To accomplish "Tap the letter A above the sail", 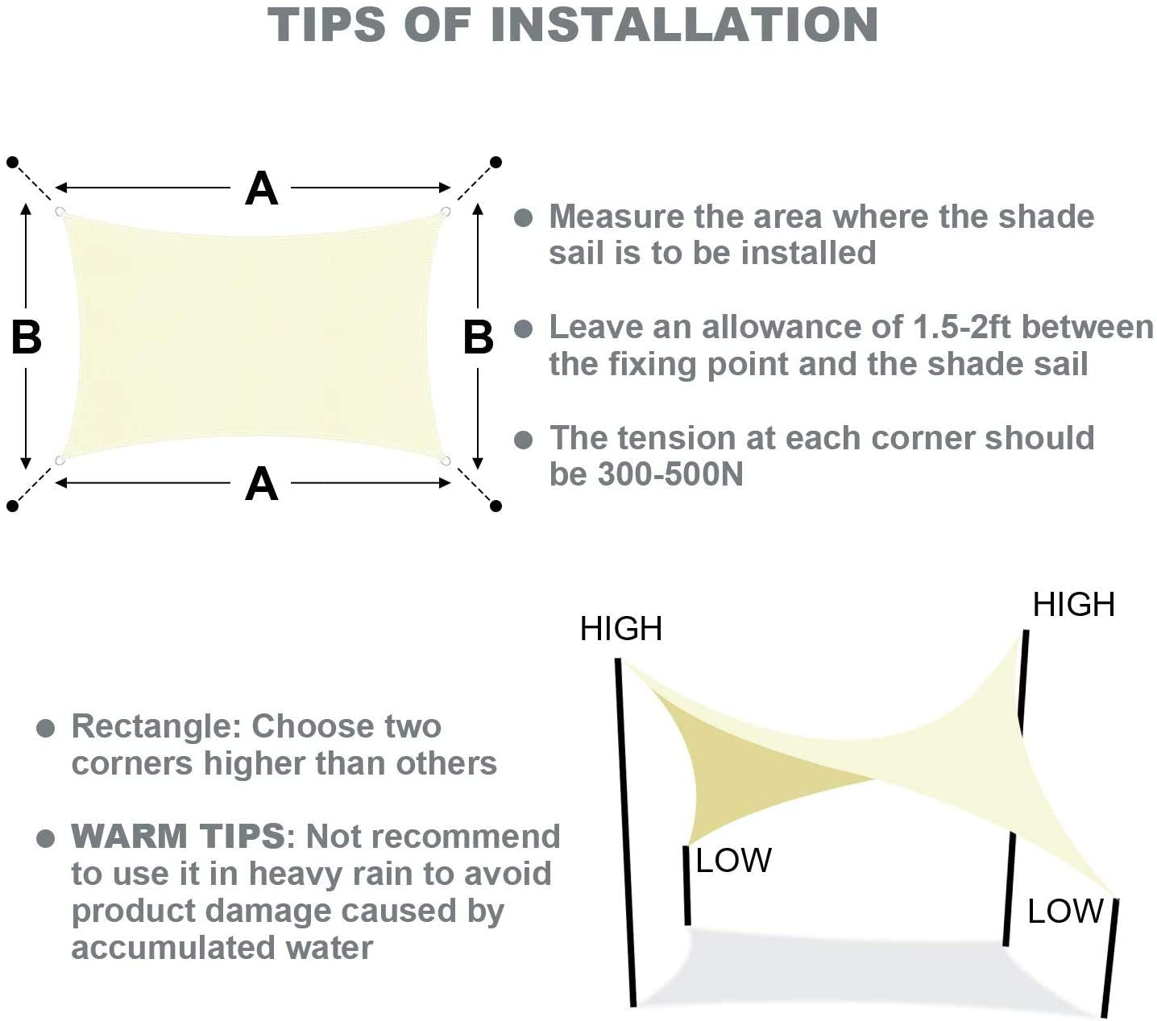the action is [x=261, y=188].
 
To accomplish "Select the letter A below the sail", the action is [x=261, y=483].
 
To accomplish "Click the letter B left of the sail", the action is [x=27, y=337].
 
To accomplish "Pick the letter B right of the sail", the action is [x=478, y=337].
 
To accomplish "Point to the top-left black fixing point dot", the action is [x=13, y=163].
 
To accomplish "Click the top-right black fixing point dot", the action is [x=496, y=163].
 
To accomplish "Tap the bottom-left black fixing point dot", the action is [x=13, y=506].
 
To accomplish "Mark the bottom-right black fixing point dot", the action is [x=496, y=506].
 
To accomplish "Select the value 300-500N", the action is [x=670, y=473].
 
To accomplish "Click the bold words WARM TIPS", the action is [x=177, y=836].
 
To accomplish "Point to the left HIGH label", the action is [x=620, y=628].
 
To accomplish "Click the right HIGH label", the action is [x=1074, y=605].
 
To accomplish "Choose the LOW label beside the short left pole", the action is [x=733, y=861].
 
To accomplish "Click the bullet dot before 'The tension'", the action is [x=523, y=440].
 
